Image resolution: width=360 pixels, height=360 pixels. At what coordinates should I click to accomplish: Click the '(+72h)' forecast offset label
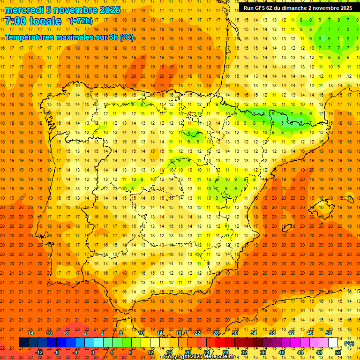81,21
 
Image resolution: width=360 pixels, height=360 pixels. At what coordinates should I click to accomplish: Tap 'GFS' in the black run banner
262,8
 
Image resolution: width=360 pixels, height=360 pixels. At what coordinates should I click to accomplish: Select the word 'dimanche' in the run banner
294,8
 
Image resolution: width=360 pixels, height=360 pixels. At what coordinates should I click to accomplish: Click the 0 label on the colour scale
93,352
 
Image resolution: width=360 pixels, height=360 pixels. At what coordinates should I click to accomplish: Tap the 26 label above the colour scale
216,333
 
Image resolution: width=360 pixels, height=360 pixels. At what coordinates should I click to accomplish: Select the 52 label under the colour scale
338,352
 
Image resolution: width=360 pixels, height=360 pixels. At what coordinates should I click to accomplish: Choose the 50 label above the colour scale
329,333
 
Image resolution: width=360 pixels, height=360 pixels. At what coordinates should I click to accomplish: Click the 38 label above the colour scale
272,333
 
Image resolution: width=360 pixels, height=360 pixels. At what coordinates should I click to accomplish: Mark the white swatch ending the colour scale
333,343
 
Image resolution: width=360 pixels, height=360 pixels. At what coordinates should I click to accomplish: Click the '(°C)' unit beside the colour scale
349,343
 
